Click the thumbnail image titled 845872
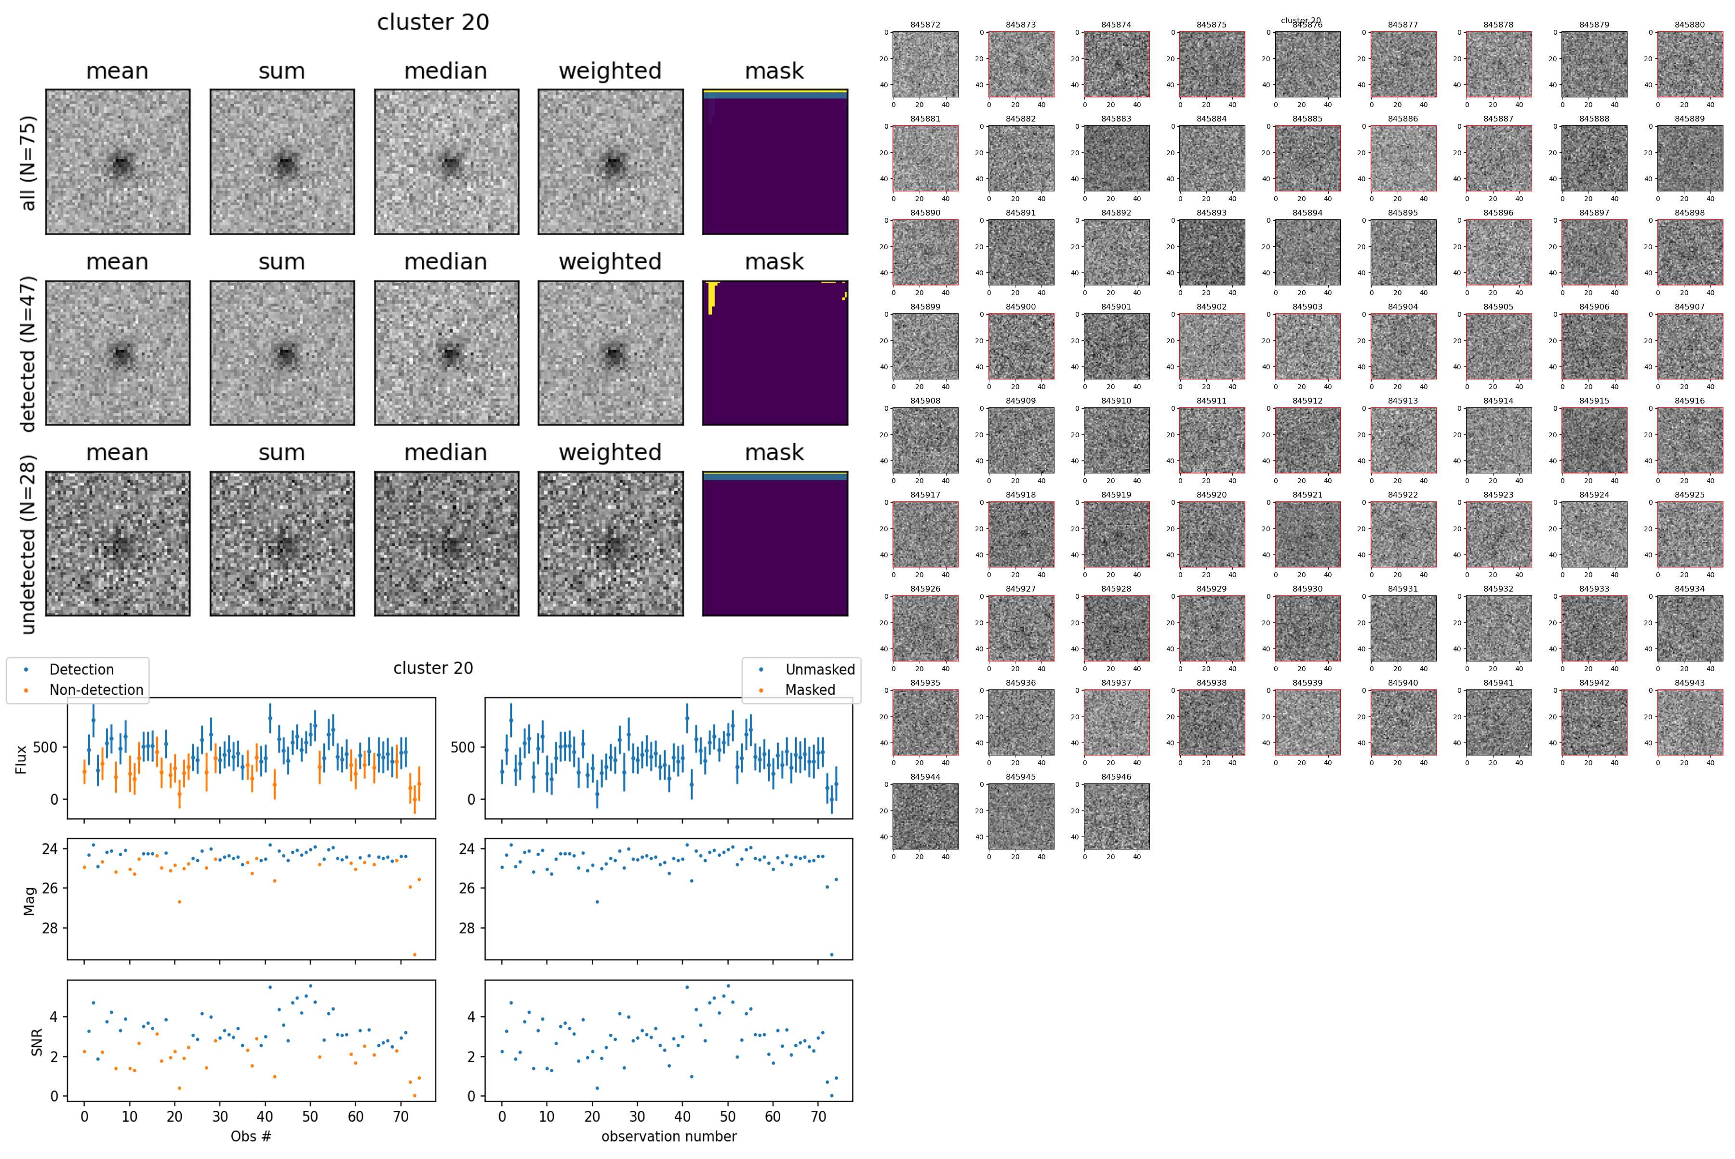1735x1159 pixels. point(925,64)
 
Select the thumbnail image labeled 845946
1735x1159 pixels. point(1117,816)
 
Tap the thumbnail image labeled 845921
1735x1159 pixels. point(1307,534)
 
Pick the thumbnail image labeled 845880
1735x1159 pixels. point(1689,64)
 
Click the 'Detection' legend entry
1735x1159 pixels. point(81,670)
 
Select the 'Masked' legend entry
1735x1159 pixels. point(810,689)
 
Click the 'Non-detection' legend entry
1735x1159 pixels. point(96,689)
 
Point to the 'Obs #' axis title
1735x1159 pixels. point(251,1136)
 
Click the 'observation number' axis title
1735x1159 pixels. point(669,1136)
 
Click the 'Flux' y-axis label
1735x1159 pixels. point(21,759)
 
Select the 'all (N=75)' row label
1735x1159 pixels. point(28,162)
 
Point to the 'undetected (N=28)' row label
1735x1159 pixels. point(28,544)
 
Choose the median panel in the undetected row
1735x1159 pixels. point(446,543)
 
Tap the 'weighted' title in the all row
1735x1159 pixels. point(610,71)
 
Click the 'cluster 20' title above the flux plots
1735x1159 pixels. point(433,668)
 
